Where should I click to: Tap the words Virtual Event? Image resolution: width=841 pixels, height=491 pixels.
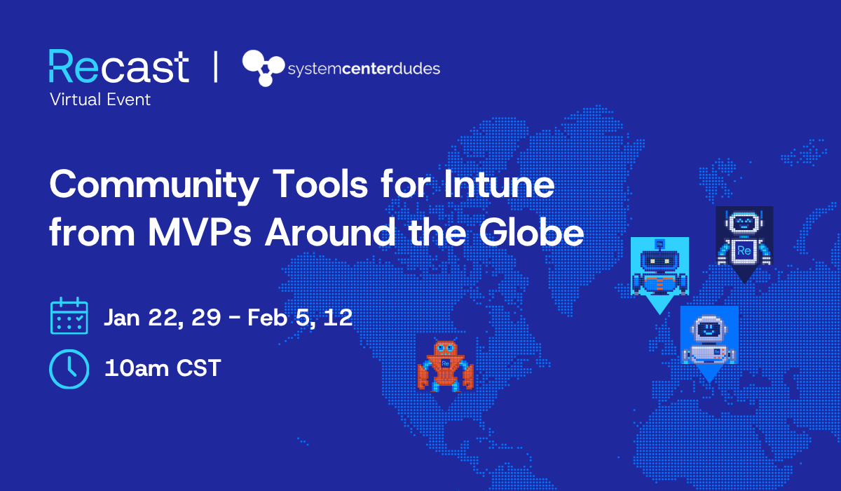tap(100, 100)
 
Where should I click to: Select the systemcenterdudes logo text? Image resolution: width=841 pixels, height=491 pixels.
tap(364, 69)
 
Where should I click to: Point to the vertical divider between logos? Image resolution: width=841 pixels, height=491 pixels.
tap(214, 67)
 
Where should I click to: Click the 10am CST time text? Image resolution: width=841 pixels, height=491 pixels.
tap(163, 368)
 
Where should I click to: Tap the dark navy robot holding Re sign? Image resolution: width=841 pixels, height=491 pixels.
tap(744, 238)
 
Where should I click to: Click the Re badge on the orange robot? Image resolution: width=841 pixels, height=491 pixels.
tap(445, 363)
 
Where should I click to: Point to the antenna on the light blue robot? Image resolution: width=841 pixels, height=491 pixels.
tap(659, 245)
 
